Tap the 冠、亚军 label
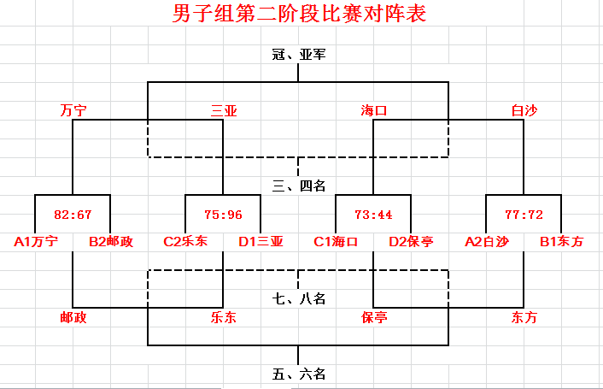point(299,54)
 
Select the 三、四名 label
point(299,185)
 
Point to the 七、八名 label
point(299,298)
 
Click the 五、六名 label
point(299,374)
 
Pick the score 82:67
point(73,215)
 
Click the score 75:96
point(224,215)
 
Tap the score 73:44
point(374,215)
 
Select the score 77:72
point(524,215)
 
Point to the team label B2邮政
point(111,242)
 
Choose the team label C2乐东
point(186,242)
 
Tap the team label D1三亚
point(261,242)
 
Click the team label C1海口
point(336,242)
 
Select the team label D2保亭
point(411,242)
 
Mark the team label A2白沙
point(487,242)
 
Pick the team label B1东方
point(561,242)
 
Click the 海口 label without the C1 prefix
point(374,110)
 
